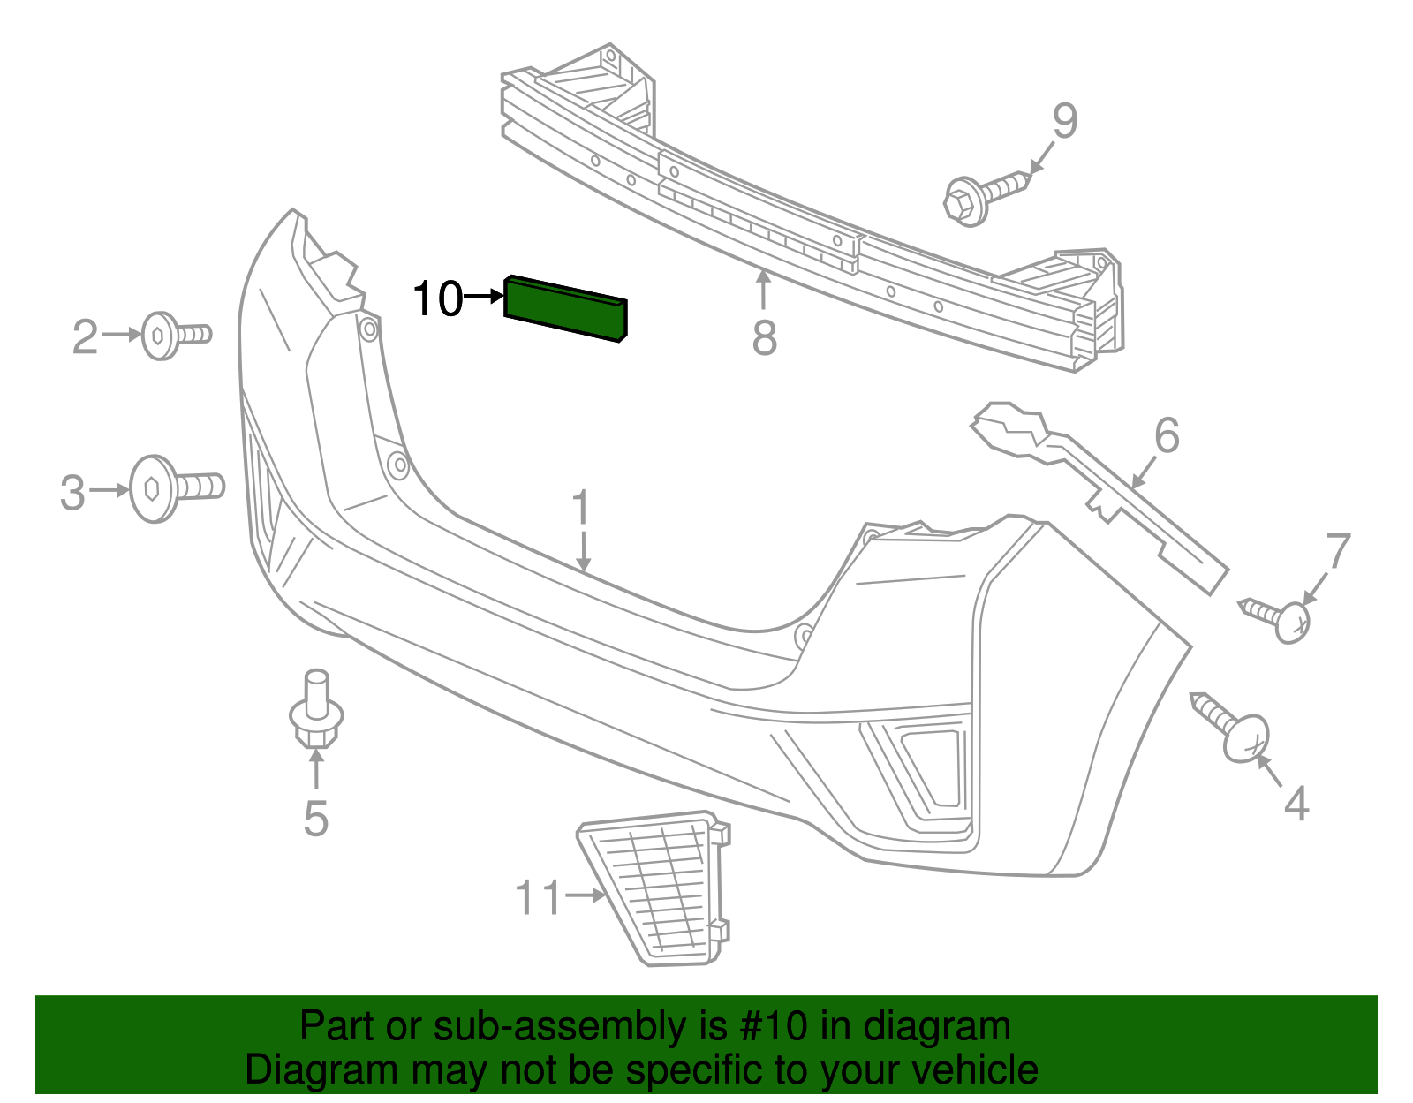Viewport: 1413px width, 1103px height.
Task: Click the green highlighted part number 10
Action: pyautogui.click(x=565, y=307)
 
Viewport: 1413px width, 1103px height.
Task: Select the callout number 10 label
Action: pyautogui.click(x=438, y=298)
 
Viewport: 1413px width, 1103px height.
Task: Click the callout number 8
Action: pyautogui.click(x=764, y=338)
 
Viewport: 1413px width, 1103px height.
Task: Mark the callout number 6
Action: pyautogui.click(x=1167, y=436)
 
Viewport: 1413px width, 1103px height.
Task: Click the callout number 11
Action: pyautogui.click(x=538, y=898)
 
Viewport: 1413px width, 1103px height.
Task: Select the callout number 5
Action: pyautogui.click(x=316, y=820)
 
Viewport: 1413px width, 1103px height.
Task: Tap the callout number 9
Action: pyautogui.click(x=1065, y=121)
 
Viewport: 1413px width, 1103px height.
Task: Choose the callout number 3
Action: pyautogui.click(x=73, y=493)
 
